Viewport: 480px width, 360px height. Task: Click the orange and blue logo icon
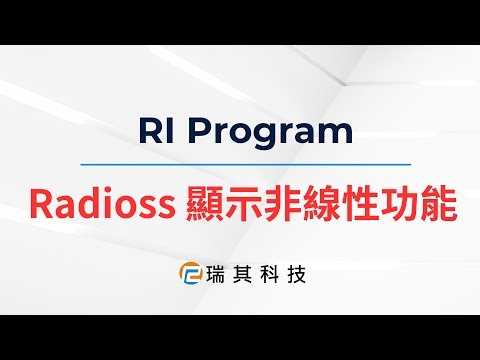pyautogui.click(x=188, y=272)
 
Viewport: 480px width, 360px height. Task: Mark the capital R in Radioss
pyautogui.click(x=42, y=204)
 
